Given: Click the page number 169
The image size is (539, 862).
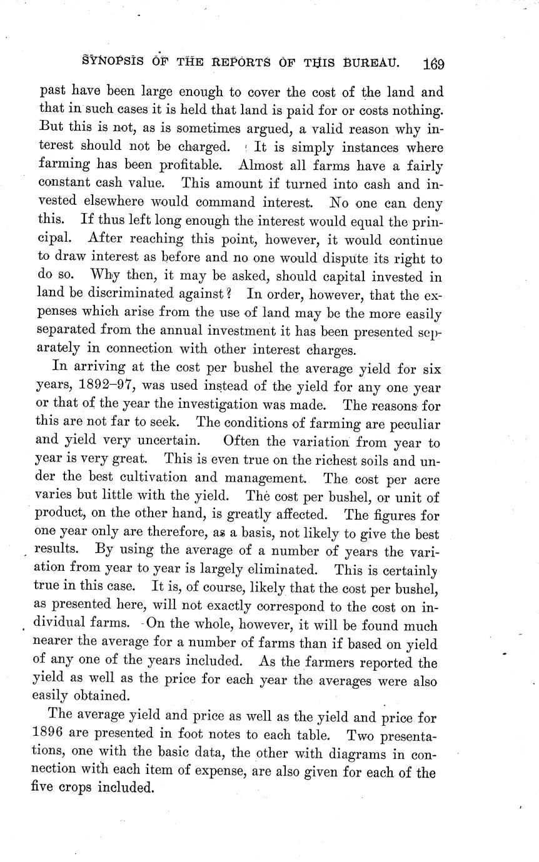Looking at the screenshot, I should coord(433,63).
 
